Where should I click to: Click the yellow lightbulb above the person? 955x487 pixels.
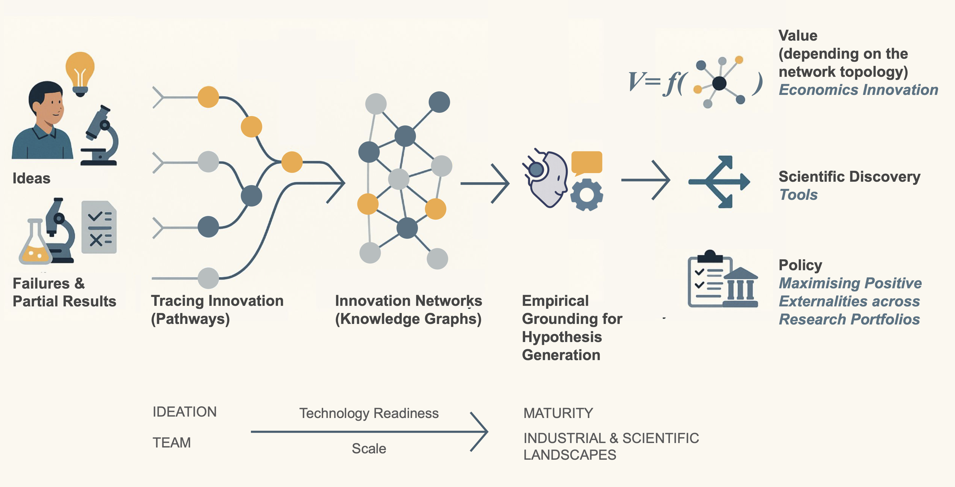(80, 73)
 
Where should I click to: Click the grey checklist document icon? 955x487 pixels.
(99, 227)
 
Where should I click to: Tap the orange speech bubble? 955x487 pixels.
(587, 163)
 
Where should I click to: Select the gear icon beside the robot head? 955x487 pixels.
(587, 195)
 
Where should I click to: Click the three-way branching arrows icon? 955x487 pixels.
(719, 182)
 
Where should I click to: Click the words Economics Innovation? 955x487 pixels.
(858, 90)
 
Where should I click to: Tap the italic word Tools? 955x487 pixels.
(799, 195)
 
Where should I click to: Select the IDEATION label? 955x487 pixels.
(184, 412)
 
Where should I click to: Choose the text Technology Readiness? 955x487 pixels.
(369, 414)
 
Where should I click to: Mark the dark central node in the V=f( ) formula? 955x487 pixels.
(719, 83)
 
